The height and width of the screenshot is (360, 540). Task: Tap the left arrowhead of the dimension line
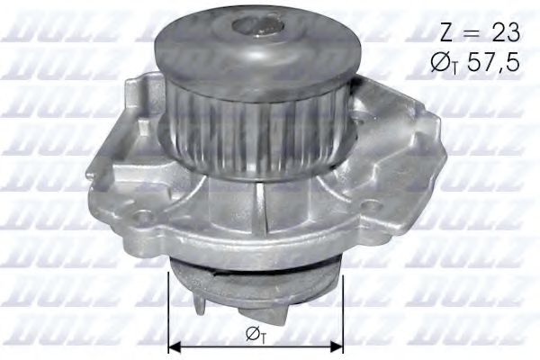pyautogui.click(x=175, y=346)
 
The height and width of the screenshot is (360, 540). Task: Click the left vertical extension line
pyautogui.click(x=168, y=306)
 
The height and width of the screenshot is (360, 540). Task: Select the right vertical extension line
pyautogui.click(x=343, y=306)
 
